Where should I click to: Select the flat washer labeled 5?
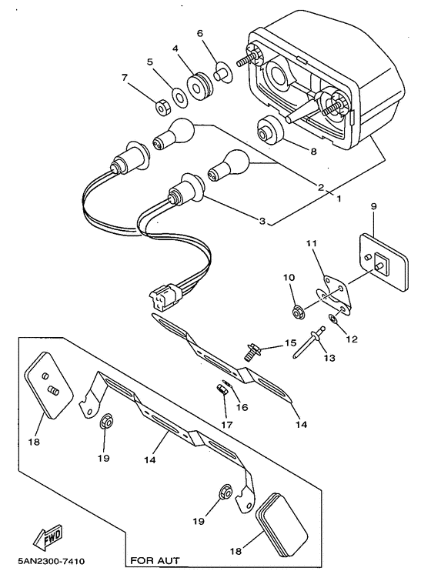pos(178,98)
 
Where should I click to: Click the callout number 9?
pos(373,207)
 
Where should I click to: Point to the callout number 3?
pos(262,222)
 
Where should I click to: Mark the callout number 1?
pos(336,197)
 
